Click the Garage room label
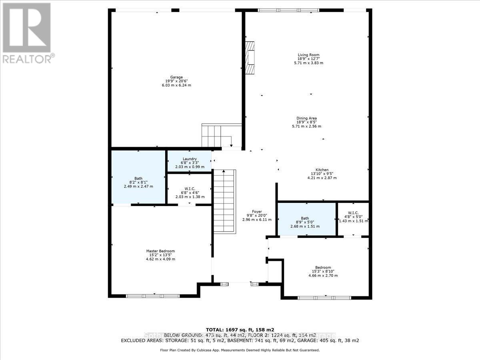click(x=176, y=77)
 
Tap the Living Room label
click(x=308, y=55)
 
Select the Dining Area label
click(x=306, y=118)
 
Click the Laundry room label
click(x=189, y=159)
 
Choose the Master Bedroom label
click(x=160, y=251)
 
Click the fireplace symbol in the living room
click(x=250, y=58)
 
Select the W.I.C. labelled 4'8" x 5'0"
click(x=353, y=218)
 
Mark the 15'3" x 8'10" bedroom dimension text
click(x=322, y=271)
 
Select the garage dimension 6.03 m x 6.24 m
click(x=176, y=85)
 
